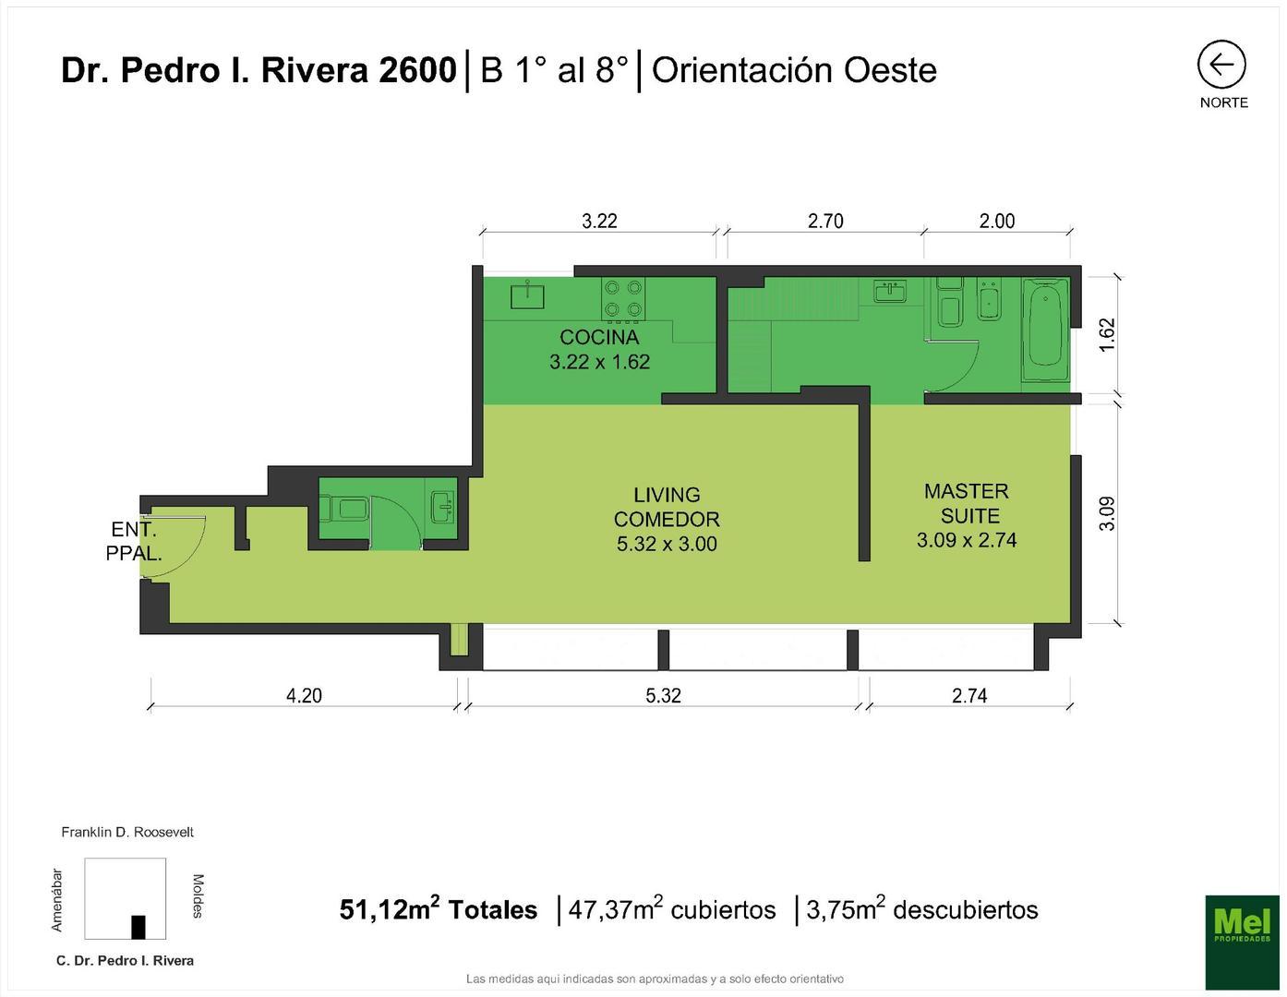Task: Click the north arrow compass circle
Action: tap(1221, 66)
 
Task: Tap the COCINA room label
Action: tap(599, 337)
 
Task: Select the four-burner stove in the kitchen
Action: tap(623, 299)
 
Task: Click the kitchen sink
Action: tap(527, 295)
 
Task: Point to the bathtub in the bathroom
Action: tap(1045, 330)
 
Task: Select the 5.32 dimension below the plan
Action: tap(663, 696)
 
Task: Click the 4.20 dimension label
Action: tap(304, 696)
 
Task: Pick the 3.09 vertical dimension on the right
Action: tap(1108, 513)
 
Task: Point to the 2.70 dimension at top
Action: tap(825, 221)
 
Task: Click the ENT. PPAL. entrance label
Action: tap(134, 542)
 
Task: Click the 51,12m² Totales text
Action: tap(439, 910)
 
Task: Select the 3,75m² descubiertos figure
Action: tap(921, 910)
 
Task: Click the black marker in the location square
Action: tap(138, 926)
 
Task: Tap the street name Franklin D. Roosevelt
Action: tap(127, 832)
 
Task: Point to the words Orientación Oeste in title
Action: tap(794, 70)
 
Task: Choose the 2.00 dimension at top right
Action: tap(997, 221)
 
